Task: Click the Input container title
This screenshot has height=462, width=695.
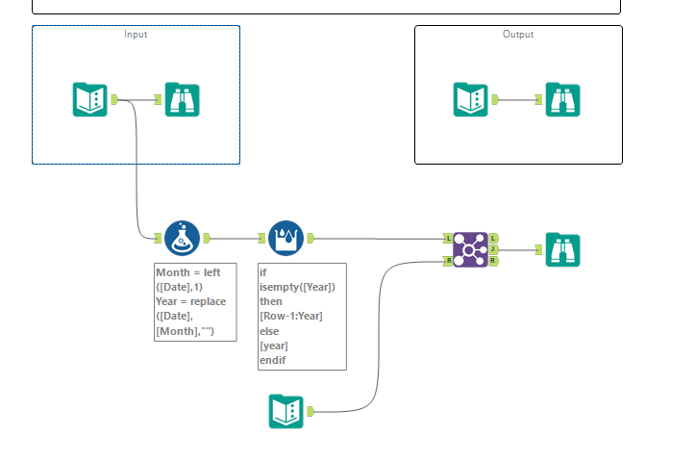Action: point(136,35)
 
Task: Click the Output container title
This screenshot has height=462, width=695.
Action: point(518,35)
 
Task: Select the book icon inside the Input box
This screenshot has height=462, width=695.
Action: point(90,99)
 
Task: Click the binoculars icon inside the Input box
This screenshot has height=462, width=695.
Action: point(183,99)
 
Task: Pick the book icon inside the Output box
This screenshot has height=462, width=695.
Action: point(470,99)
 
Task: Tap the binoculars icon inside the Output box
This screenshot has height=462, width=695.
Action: point(562,99)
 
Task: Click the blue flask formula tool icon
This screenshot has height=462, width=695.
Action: point(183,238)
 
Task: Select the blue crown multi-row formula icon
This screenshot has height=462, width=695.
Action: point(286,238)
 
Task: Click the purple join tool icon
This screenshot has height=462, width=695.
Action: point(471,248)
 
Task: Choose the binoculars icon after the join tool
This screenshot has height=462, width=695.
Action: point(562,249)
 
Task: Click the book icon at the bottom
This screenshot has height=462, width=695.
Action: point(286,412)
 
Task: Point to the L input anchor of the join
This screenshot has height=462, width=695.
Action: point(448,237)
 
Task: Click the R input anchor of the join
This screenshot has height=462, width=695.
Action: point(448,260)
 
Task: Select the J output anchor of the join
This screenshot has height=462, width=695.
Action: point(494,248)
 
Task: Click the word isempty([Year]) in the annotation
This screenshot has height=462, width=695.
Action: point(297,287)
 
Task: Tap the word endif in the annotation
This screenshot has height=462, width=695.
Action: point(274,360)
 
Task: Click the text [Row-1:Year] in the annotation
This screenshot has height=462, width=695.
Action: point(291,316)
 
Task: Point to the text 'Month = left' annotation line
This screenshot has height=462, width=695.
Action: point(188,272)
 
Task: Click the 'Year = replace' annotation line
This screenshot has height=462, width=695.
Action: point(191,301)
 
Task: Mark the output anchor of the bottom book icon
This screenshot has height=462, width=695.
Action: point(310,412)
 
